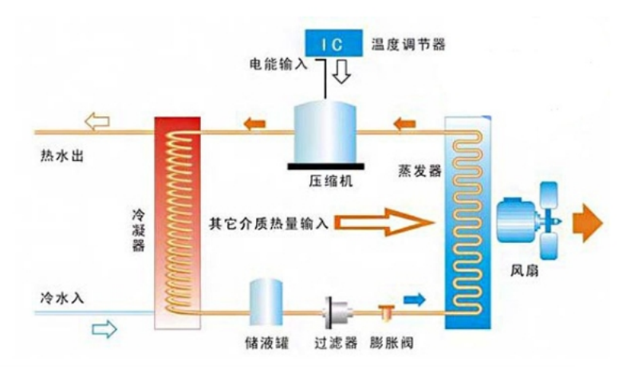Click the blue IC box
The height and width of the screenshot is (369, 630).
(333, 43)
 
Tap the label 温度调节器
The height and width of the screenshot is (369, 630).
(408, 44)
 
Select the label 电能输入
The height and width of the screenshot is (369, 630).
(278, 65)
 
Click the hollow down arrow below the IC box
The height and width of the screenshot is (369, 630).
(341, 72)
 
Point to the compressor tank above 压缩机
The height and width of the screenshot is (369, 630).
(325, 132)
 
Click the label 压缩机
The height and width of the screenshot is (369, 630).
(331, 181)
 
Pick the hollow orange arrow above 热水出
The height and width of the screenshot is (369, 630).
(96, 122)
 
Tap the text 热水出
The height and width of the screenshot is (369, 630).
(62, 155)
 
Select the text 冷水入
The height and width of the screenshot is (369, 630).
(62, 298)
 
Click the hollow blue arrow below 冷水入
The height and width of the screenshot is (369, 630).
(104, 329)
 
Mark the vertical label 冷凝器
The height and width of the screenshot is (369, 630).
(138, 230)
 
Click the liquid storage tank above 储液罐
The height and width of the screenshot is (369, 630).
(266, 302)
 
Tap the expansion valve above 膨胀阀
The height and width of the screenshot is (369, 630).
(387, 312)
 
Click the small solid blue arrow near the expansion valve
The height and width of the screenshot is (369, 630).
(414, 300)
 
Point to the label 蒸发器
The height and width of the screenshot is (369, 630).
(419, 171)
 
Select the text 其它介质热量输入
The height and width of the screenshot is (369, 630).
(269, 223)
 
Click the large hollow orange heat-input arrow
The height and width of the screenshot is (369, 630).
(384, 222)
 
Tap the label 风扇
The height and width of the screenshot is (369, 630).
(525, 271)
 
